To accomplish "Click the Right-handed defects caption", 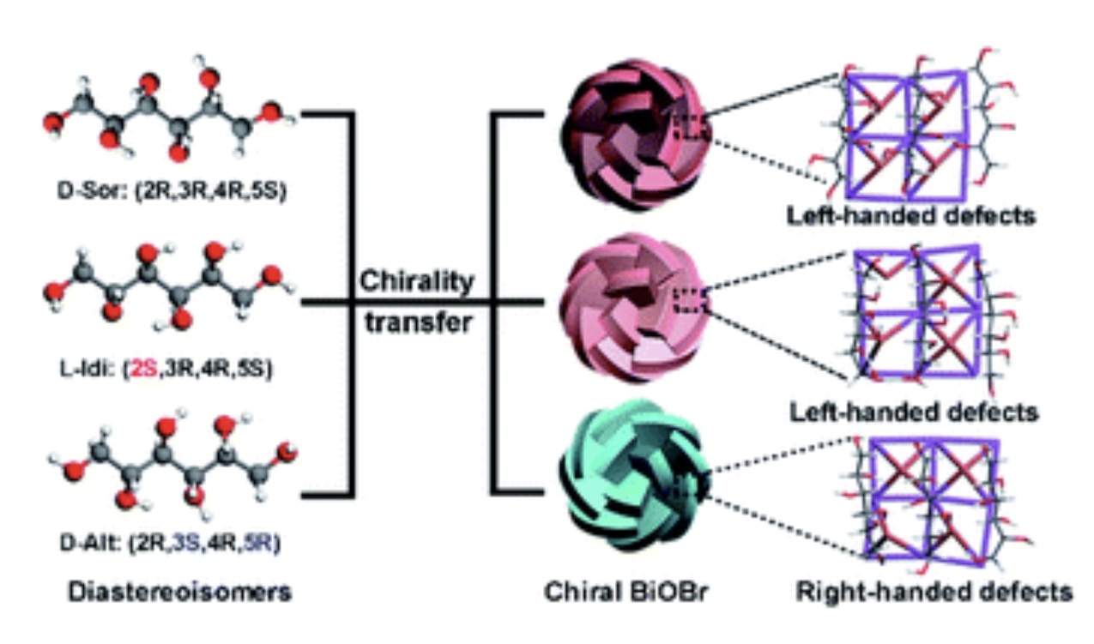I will tap(934, 591).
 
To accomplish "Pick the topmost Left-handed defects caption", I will tap(911, 214).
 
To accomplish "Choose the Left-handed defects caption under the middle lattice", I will tap(913, 412).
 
